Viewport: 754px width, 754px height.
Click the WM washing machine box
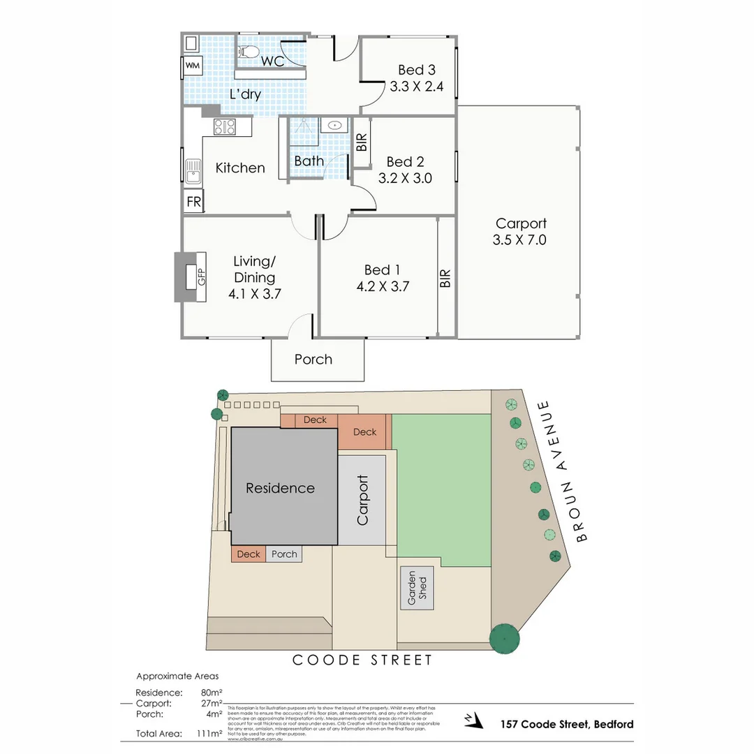(x=192, y=66)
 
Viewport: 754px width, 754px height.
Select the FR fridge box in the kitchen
(x=193, y=202)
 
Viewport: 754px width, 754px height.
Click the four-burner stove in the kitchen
(x=224, y=126)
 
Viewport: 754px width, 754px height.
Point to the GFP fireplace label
(x=202, y=277)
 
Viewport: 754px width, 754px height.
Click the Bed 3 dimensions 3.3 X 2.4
(x=416, y=87)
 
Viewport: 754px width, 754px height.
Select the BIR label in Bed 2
(x=362, y=143)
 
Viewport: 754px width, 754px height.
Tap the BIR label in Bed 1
(x=445, y=279)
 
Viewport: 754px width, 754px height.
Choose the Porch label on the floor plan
(x=313, y=360)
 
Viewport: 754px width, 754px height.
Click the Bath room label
(x=309, y=161)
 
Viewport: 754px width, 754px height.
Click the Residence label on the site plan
(x=280, y=488)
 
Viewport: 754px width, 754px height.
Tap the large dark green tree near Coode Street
(x=504, y=637)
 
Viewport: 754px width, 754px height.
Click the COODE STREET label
(x=362, y=660)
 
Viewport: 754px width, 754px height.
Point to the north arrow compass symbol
(x=473, y=720)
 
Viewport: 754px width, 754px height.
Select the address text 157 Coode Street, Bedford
(x=566, y=724)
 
